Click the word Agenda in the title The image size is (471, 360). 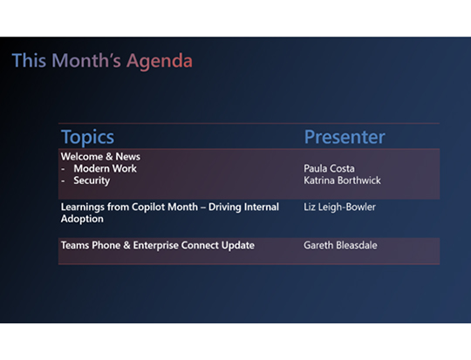coord(160,61)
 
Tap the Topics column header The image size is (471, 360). coord(87,137)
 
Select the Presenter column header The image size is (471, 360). coord(344,137)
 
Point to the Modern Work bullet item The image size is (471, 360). coord(105,168)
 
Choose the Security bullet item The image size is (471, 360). coord(92,180)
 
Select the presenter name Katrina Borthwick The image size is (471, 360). coord(342,180)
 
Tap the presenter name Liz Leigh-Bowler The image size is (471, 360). coord(339,207)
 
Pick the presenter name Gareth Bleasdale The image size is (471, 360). coord(341,246)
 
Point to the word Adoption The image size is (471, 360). coord(82,220)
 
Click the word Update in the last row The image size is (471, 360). coord(237,246)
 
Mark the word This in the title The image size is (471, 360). coord(28,61)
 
